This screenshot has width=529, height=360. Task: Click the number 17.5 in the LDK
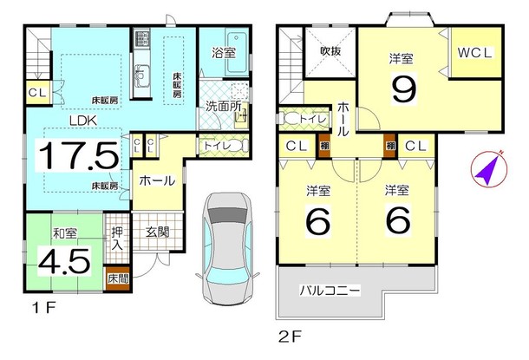(x=76, y=156)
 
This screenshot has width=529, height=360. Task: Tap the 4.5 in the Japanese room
(x=62, y=259)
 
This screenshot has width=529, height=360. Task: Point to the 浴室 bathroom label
(x=224, y=52)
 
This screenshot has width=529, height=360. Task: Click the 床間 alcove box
(x=115, y=278)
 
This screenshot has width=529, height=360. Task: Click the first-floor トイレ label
(x=213, y=146)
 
